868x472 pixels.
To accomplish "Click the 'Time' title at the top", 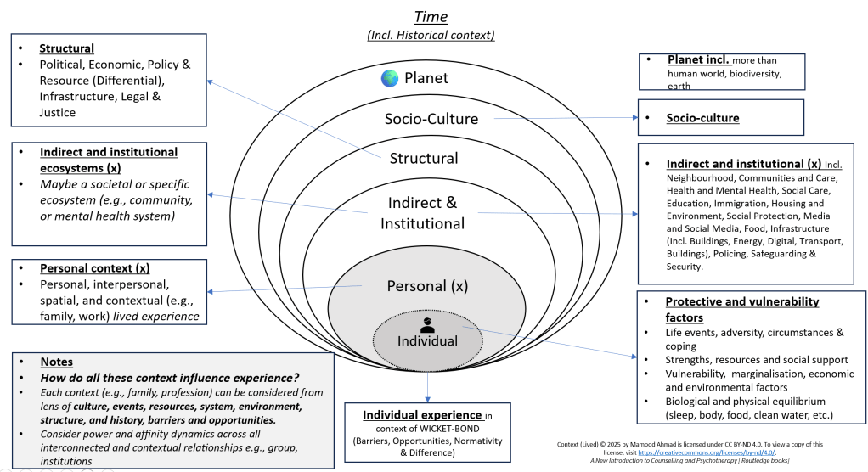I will point(431,16).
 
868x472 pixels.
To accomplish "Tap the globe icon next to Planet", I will point(390,78).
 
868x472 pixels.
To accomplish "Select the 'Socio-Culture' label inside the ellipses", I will point(430,118).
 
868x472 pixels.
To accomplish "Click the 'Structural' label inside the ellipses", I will point(424,158).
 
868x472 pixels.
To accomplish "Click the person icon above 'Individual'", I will point(428,323).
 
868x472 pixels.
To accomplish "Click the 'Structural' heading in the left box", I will point(67,48).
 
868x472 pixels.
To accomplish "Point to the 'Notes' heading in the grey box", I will point(57,362).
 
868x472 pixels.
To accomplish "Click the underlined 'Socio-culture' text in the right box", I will point(702,118).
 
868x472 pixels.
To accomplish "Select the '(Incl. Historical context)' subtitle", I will point(431,35).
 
